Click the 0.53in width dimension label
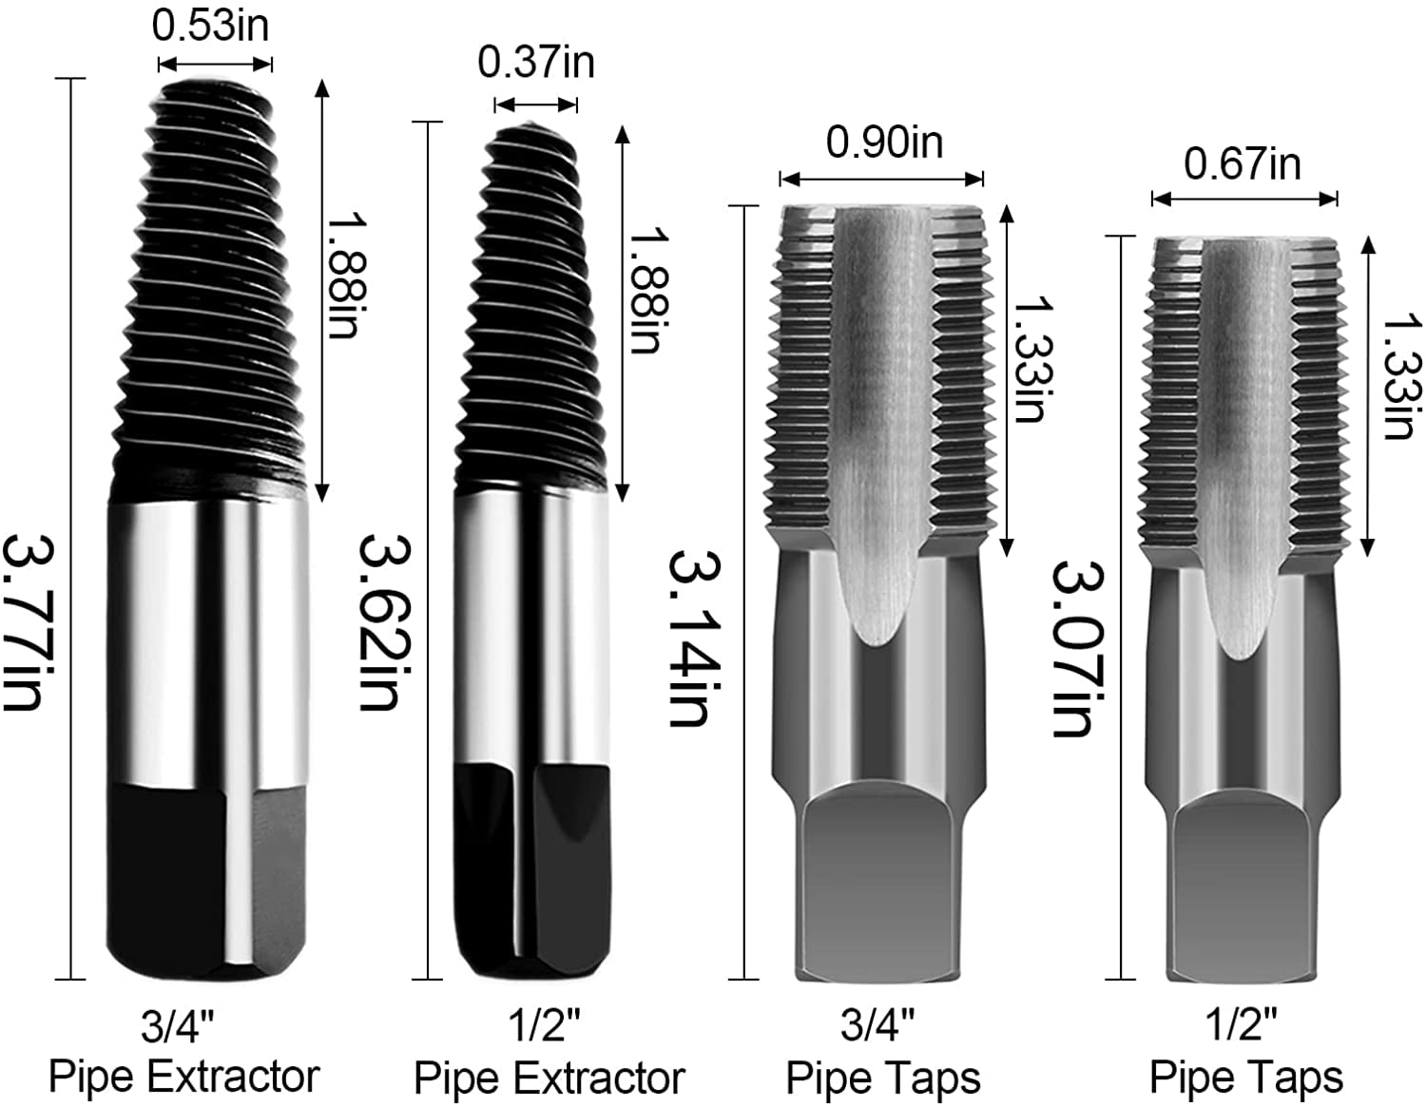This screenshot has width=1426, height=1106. click(x=211, y=26)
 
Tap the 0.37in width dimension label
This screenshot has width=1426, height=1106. click(x=536, y=63)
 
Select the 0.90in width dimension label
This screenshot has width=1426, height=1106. click(x=884, y=143)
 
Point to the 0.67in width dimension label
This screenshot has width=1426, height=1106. click(x=1242, y=164)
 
